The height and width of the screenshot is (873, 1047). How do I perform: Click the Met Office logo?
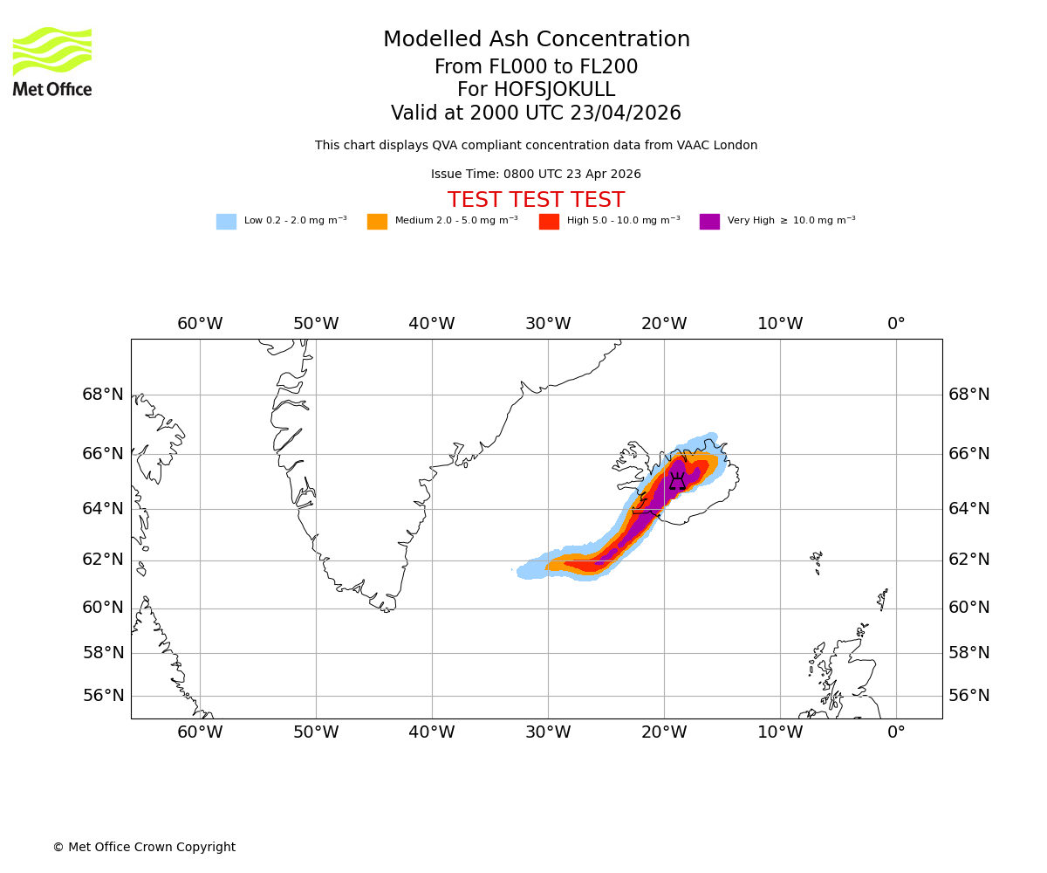pos(52,61)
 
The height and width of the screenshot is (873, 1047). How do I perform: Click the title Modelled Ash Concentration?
pos(536,40)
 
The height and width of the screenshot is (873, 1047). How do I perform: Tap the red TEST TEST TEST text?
pos(536,201)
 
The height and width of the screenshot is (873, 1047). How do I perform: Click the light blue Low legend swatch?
pos(226,222)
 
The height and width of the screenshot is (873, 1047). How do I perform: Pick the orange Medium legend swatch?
pos(377,222)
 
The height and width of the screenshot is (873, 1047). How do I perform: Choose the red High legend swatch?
pos(549,222)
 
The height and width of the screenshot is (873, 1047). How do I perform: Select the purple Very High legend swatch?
pos(709,222)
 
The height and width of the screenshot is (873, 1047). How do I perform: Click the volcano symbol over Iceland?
pos(677,481)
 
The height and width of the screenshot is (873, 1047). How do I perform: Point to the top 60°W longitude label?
pos(200,324)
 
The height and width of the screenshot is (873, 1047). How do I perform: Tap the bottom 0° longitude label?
pos(896,732)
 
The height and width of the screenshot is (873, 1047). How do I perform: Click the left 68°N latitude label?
pos(103,395)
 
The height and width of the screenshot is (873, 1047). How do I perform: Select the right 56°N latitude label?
pos(969,696)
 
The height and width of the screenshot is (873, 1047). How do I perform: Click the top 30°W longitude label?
pos(548,324)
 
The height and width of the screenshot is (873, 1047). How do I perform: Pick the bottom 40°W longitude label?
pos(432,732)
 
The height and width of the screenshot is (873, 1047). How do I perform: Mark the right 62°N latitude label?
pos(969,560)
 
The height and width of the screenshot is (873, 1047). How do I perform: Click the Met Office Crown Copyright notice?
pos(144,848)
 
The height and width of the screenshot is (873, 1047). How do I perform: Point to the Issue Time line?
pos(536,175)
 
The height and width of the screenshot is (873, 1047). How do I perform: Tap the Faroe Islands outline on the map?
pos(817,560)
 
